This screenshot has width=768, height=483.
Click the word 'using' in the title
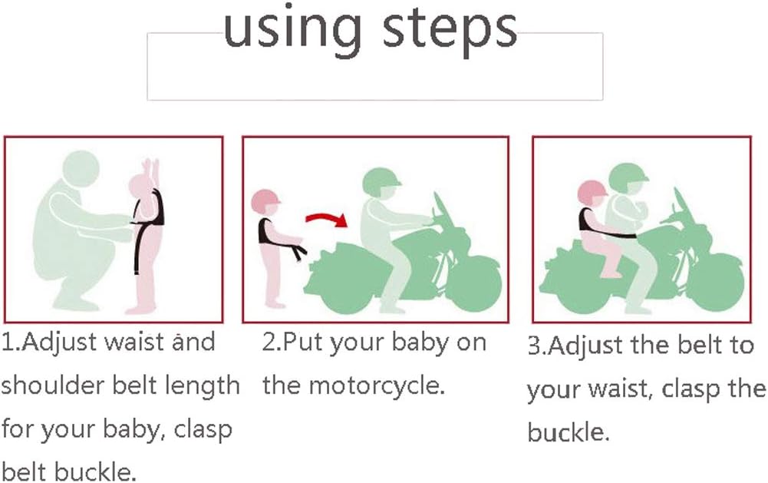coord(292,31)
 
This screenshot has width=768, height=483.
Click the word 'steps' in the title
coord(449,31)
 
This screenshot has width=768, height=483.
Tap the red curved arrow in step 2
coord(327,219)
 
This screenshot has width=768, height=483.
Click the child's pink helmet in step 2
coord(265,201)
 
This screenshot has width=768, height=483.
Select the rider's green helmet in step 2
coord(381,182)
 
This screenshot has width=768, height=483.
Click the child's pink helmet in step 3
coord(592,193)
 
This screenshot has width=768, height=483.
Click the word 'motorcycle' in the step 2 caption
coord(377,386)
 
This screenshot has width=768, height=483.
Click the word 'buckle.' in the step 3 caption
coord(569,432)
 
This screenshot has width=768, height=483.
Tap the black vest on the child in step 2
coord(268,231)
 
